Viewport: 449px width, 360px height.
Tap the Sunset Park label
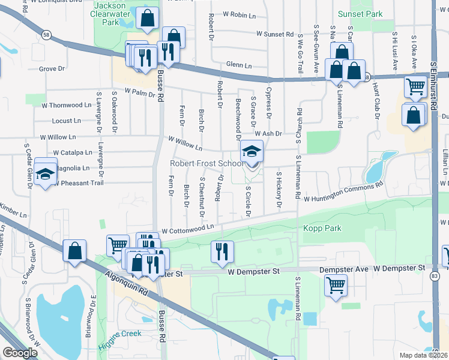click(x=369, y=13)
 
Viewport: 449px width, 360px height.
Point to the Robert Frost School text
click(x=206, y=163)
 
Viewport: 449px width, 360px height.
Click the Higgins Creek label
click(x=120, y=334)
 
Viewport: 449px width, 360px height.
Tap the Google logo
click(x=20, y=353)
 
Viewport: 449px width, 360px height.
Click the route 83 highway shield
click(x=433, y=275)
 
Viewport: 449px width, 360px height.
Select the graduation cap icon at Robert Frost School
click(x=252, y=151)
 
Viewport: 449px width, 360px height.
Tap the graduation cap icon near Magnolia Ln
click(x=46, y=173)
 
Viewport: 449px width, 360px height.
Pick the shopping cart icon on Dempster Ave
click(x=336, y=284)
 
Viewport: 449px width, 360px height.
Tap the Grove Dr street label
click(x=52, y=69)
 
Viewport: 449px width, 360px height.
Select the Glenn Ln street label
click(x=239, y=65)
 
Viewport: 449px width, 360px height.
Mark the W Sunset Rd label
click(x=274, y=35)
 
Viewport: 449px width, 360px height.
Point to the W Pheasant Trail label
click(x=78, y=183)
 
